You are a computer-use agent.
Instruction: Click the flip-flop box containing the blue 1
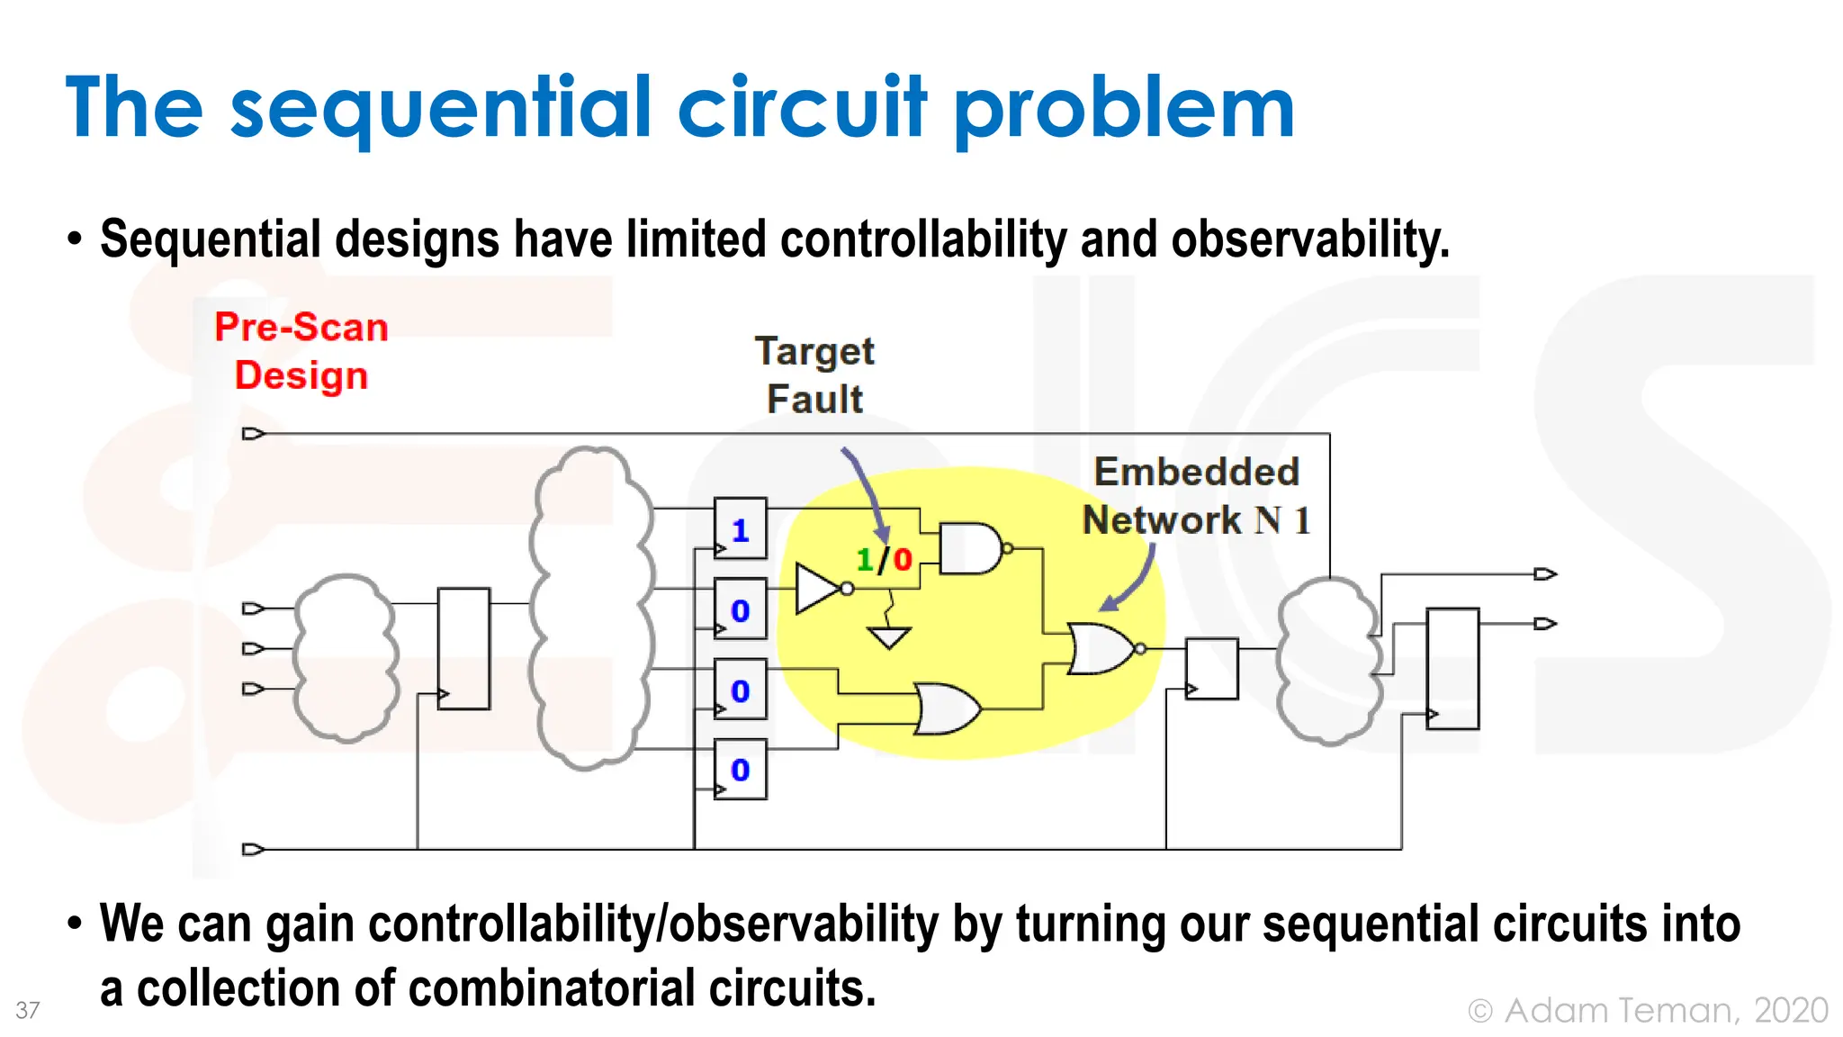click(740, 529)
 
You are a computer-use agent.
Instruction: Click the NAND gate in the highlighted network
click(970, 548)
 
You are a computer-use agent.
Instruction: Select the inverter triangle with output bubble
click(819, 590)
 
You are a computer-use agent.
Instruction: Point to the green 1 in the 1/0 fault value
click(865, 561)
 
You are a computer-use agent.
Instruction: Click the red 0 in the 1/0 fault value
click(903, 561)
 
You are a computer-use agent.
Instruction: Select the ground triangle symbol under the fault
click(889, 637)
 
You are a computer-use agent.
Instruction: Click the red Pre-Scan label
click(301, 327)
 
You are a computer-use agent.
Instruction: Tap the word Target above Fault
click(814, 352)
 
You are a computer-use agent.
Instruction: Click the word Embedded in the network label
click(1196, 472)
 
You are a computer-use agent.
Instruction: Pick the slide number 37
click(28, 1010)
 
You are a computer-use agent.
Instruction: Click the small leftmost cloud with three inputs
click(345, 657)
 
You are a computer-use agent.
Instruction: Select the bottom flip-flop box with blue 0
click(740, 770)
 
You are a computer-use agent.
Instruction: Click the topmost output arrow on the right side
click(1544, 574)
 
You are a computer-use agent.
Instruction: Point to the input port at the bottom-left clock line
click(253, 849)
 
